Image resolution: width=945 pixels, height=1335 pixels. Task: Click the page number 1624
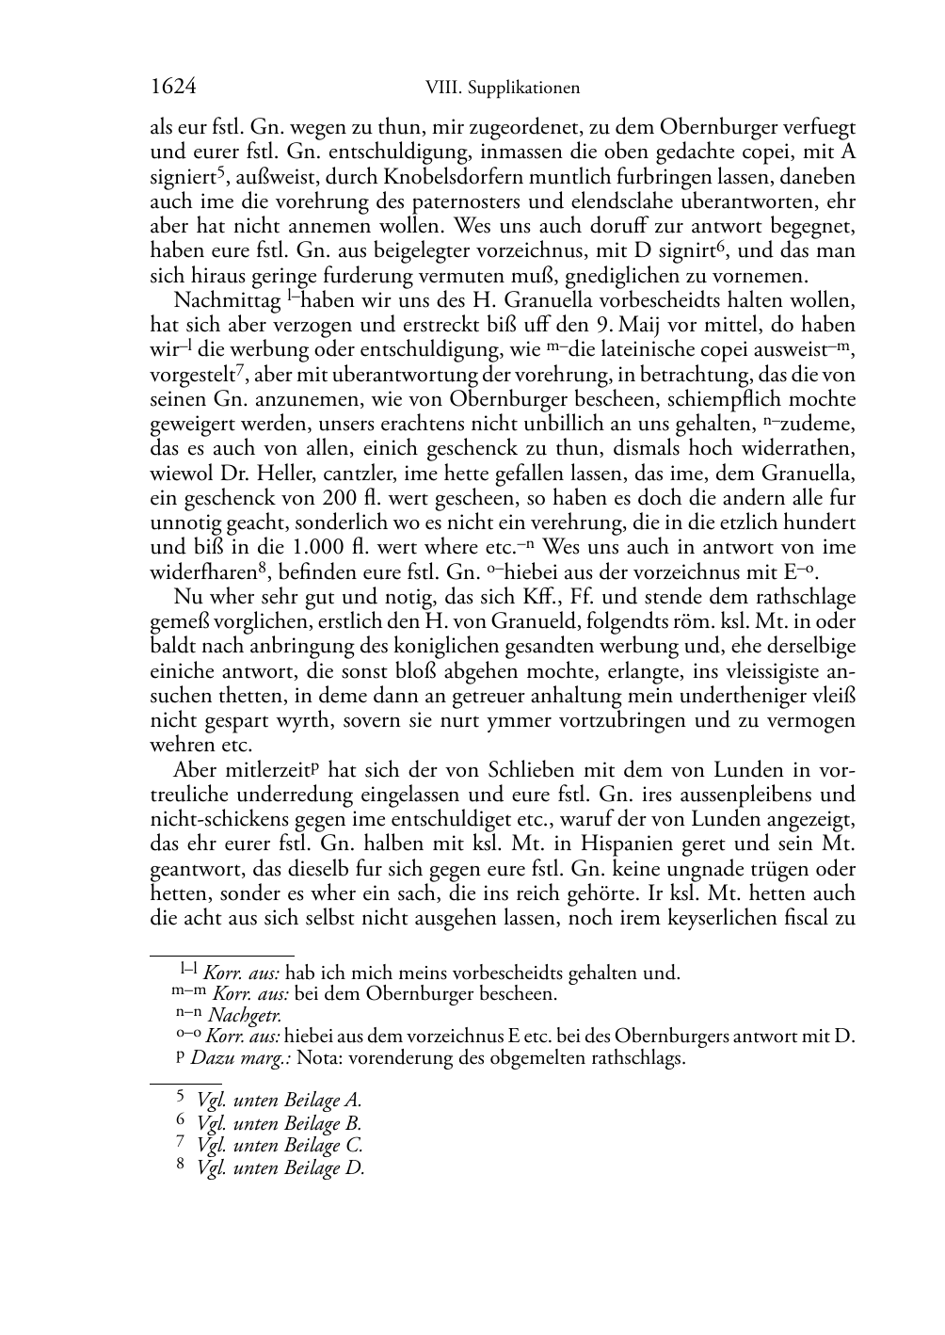(x=173, y=88)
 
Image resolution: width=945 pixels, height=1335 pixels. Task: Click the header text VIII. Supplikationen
(x=502, y=88)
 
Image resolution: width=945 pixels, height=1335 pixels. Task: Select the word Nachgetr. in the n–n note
(x=245, y=1015)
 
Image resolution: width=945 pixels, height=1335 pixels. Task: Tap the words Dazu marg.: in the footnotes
(x=241, y=1059)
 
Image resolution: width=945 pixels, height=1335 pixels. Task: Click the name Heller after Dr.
(x=243, y=474)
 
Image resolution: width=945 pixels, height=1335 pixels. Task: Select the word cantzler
(x=319, y=474)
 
